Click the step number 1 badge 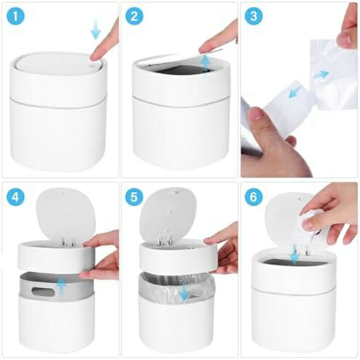pyautogui.click(x=15, y=16)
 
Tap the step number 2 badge pyautogui.click(x=135, y=16)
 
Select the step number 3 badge pyautogui.click(x=254, y=16)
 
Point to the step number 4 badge pyautogui.click(x=15, y=197)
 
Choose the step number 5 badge pyautogui.click(x=135, y=197)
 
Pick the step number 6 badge pyautogui.click(x=254, y=197)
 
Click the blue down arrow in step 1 pyautogui.click(x=96, y=31)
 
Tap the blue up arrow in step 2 pyautogui.click(x=206, y=63)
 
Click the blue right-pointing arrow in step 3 pyautogui.click(x=321, y=74)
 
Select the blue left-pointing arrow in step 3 pyautogui.click(x=295, y=92)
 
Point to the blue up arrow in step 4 pyautogui.click(x=61, y=286)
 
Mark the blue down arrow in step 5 pyautogui.click(x=185, y=292)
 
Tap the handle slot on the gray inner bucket pyautogui.click(x=43, y=291)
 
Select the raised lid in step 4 pyautogui.click(x=65, y=214)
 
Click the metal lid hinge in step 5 pyautogui.click(x=165, y=238)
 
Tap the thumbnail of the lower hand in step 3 pyautogui.click(x=256, y=113)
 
